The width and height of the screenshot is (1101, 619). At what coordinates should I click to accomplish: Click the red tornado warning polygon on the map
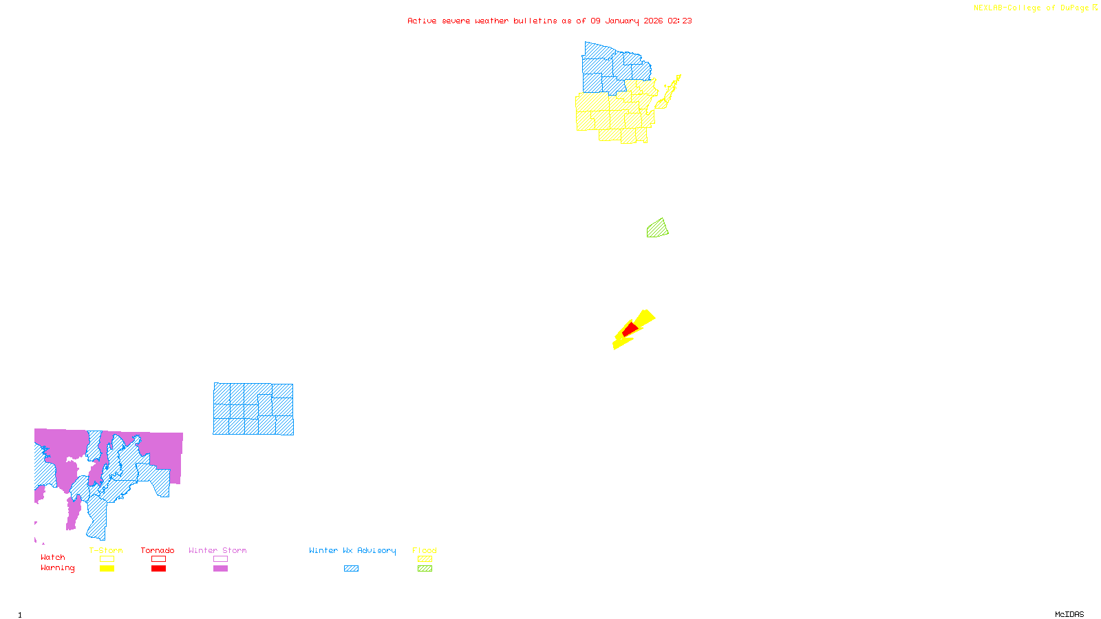click(x=630, y=329)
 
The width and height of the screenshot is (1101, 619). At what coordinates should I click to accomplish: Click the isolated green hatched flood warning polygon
click(x=657, y=229)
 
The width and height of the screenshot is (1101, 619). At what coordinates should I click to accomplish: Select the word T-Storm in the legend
click(x=106, y=550)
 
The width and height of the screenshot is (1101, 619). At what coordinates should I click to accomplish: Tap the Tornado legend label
click(x=158, y=550)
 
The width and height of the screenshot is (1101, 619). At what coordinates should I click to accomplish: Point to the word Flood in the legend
click(x=425, y=550)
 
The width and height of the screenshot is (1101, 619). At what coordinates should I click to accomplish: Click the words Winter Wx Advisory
click(x=352, y=550)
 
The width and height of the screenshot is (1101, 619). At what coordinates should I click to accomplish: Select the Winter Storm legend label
click(x=217, y=550)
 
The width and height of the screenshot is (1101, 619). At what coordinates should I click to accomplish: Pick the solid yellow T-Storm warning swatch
click(x=107, y=569)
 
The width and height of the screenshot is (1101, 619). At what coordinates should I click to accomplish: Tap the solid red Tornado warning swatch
click(x=158, y=569)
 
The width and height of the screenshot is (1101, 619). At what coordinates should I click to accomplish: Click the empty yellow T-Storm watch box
click(x=107, y=559)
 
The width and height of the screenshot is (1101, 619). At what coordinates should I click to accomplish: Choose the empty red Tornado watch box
click(x=158, y=559)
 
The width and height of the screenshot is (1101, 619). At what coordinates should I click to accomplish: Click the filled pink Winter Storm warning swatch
click(x=220, y=569)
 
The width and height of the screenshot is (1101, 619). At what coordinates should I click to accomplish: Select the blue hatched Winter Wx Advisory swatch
click(x=351, y=569)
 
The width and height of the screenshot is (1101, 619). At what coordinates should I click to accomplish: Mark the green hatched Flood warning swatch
click(x=425, y=569)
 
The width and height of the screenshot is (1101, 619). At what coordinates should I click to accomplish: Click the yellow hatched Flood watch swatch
click(x=425, y=559)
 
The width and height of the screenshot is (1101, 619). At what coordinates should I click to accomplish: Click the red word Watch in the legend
click(x=53, y=558)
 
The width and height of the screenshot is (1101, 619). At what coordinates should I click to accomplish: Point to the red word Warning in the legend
click(x=57, y=568)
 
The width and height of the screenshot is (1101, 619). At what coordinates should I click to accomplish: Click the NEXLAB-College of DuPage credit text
click(x=1031, y=8)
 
